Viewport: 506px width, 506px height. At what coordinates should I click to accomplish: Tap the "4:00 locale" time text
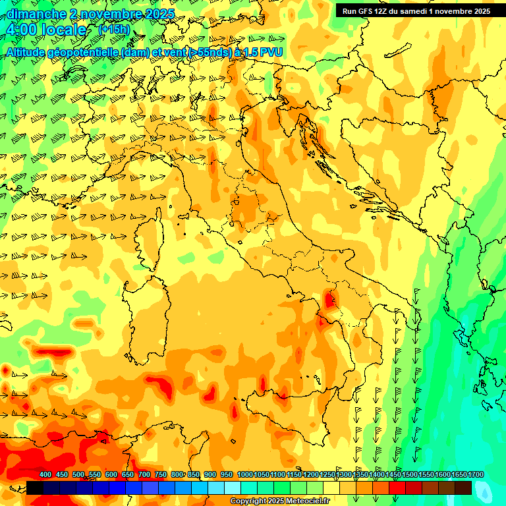pyautogui.click(x=45, y=30)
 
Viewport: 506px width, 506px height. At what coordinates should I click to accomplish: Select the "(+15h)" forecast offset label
pyautogui.click(x=114, y=29)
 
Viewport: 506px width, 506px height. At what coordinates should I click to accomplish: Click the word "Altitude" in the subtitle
pyautogui.click(x=30, y=52)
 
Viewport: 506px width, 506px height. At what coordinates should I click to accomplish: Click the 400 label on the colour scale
pyautogui.click(x=45, y=474)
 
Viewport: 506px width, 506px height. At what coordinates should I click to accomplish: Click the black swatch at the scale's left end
pyautogui.click(x=35, y=488)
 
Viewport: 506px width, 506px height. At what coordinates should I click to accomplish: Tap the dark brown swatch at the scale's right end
pyautogui.click(x=463, y=488)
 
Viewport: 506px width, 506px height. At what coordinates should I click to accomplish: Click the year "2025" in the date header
pyautogui.click(x=159, y=13)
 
